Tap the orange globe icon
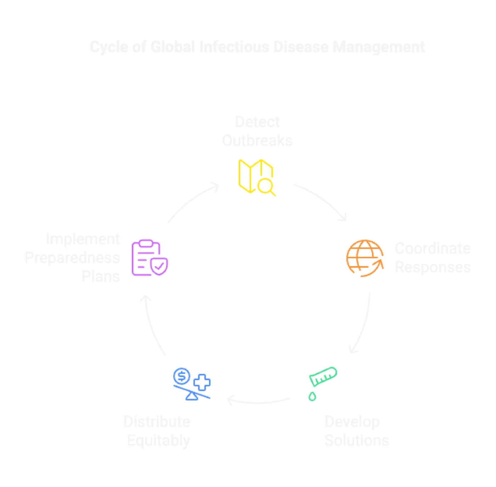point(365,258)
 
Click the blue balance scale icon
point(192,384)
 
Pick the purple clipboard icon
point(150,258)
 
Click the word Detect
point(257,122)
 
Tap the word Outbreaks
point(257,140)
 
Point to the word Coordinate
point(433,248)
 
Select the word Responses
point(433,267)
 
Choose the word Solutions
point(356,440)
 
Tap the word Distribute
point(157,421)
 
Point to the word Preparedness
point(72,258)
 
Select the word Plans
point(101,276)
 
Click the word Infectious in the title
point(234,47)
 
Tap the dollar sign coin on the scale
point(182,376)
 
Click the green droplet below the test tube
point(312,397)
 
